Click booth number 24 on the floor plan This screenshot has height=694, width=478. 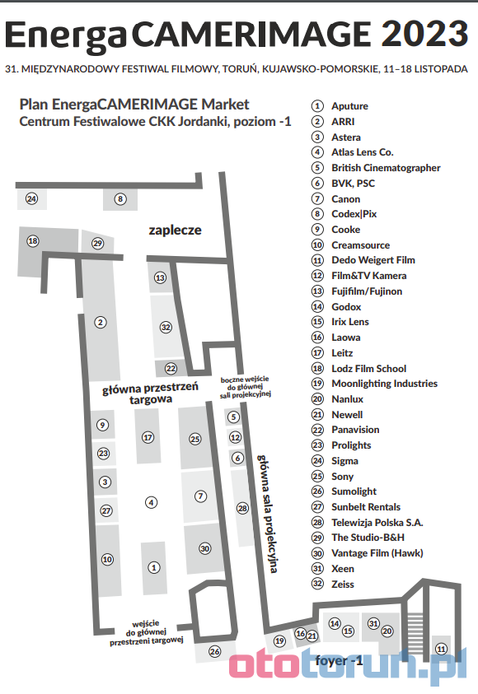[31, 198]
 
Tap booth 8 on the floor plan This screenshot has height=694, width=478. [120, 199]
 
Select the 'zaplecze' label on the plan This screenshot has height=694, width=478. [175, 231]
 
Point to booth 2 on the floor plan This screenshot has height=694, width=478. [101, 322]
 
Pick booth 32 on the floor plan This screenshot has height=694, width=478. [166, 327]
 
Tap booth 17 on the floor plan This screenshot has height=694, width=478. [148, 437]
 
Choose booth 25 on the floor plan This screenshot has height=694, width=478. [195, 439]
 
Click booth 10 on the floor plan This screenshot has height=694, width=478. [107, 560]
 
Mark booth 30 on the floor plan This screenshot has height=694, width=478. [204, 549]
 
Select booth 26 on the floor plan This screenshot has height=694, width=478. [215, 651]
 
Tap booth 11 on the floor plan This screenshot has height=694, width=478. [441, 649]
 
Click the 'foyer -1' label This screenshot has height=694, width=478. [339, 661]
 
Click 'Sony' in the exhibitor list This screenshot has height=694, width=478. [343, 477]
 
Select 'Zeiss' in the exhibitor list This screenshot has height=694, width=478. [343, 585]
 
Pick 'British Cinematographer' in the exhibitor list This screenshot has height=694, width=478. [386, 168]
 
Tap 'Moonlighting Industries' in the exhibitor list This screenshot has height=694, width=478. [385, 384]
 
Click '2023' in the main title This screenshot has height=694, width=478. [424, 34]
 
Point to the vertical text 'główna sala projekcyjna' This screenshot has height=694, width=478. [268, 514]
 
